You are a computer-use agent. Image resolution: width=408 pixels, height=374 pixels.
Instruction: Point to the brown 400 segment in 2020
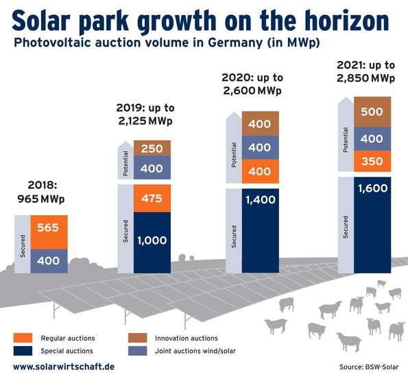[260, 124]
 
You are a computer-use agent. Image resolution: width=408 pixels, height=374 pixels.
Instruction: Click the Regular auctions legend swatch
[23, 338]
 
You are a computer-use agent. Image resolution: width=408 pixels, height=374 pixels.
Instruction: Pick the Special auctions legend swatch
[23, 350]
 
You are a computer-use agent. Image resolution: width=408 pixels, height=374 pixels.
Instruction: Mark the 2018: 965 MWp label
[49, 192]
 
